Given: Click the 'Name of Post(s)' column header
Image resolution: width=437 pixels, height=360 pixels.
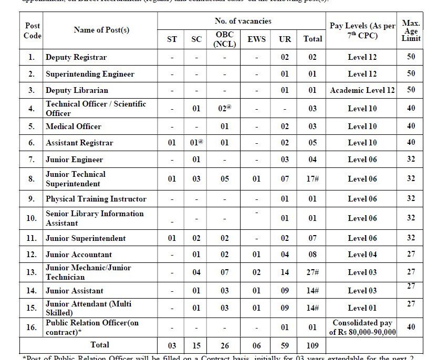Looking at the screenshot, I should coord(101,30).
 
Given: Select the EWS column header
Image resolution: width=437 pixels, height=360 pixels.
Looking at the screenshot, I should coord(256,39).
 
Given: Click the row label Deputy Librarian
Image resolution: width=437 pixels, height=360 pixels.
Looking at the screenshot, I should coord(77,90).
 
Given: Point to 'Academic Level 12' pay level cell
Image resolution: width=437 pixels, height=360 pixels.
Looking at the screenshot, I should coord(362,90).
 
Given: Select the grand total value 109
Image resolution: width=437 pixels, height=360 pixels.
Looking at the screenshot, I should coord(313,345).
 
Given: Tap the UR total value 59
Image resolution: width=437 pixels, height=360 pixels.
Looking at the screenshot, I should coord(285,345).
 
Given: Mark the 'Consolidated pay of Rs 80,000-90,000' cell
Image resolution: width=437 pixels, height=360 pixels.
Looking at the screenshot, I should coord(362,327).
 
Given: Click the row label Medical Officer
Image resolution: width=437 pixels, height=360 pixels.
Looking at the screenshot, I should coord(74,126).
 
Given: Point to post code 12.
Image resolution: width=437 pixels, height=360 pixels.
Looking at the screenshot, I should coord(32,255).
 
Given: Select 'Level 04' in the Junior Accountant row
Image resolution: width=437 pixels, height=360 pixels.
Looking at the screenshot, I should coord(362,255).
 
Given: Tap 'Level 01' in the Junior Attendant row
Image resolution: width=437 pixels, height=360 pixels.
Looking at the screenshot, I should coord(362,308).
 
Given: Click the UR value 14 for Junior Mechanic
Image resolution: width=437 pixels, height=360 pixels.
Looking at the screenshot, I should coord(285,272).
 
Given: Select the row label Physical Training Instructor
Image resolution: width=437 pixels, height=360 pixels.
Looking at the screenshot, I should coord(96,199).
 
